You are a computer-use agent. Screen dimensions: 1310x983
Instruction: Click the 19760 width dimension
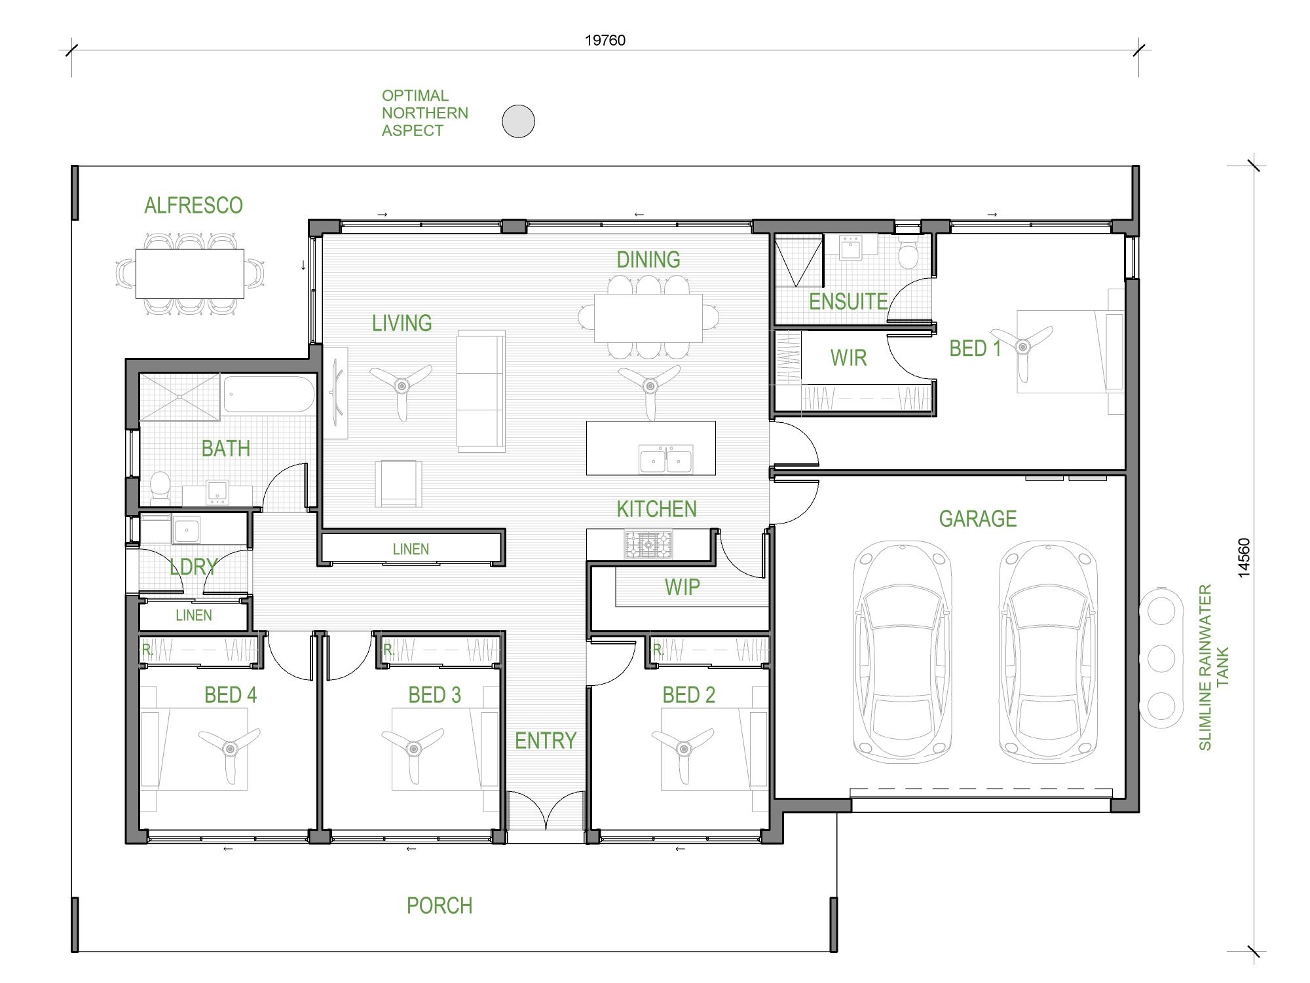[605, 41]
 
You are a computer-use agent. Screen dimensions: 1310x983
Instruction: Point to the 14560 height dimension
[1244, 558]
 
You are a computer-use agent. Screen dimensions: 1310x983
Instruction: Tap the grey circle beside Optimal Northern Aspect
[518, 121]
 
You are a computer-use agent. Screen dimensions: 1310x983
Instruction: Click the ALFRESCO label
[193, 206]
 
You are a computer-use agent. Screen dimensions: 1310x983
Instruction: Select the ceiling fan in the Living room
[402, 387]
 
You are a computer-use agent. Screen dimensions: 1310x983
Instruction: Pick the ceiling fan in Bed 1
[1022, 347]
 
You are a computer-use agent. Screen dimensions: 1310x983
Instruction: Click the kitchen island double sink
[665, 459]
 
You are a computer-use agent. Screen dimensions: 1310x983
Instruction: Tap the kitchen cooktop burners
[648, 545]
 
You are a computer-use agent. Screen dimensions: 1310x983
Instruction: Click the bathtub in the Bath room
[269, 394]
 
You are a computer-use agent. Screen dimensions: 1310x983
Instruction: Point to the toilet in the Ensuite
[908, 252]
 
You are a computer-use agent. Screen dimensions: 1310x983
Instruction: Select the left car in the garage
[902, 652]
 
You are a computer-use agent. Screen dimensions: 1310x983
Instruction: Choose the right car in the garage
[1047, 652]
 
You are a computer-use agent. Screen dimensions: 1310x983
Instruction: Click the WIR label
[848, 358]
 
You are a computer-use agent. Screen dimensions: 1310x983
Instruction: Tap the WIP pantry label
[682, 587]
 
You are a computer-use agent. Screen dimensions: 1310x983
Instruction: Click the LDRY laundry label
[193, 567]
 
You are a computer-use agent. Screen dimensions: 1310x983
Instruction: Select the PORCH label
[439, 906]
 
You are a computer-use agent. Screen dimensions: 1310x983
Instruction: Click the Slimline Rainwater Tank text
[1212, 667]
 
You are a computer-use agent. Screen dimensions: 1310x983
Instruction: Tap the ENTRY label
[545, 741]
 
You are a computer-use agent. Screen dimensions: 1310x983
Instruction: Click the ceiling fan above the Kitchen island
[650, 387]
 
